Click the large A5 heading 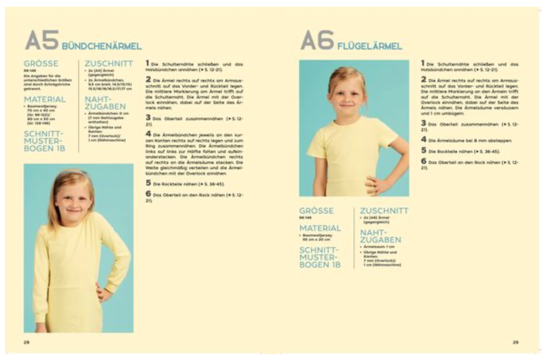click(42, 41)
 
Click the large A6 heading click(317, 41)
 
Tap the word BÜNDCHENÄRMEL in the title click(101, 46)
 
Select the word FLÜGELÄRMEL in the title click(370, 46)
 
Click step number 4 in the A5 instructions click(148, 134)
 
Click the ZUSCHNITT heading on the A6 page click(384, 210)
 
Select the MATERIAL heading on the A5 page click(45, 99)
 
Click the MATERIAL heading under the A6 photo click(320, 228)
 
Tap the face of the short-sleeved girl click(348, 97)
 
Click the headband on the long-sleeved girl click(76, 172)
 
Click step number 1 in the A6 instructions click(422, 64)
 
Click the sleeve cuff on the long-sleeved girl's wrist click(109, 286)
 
